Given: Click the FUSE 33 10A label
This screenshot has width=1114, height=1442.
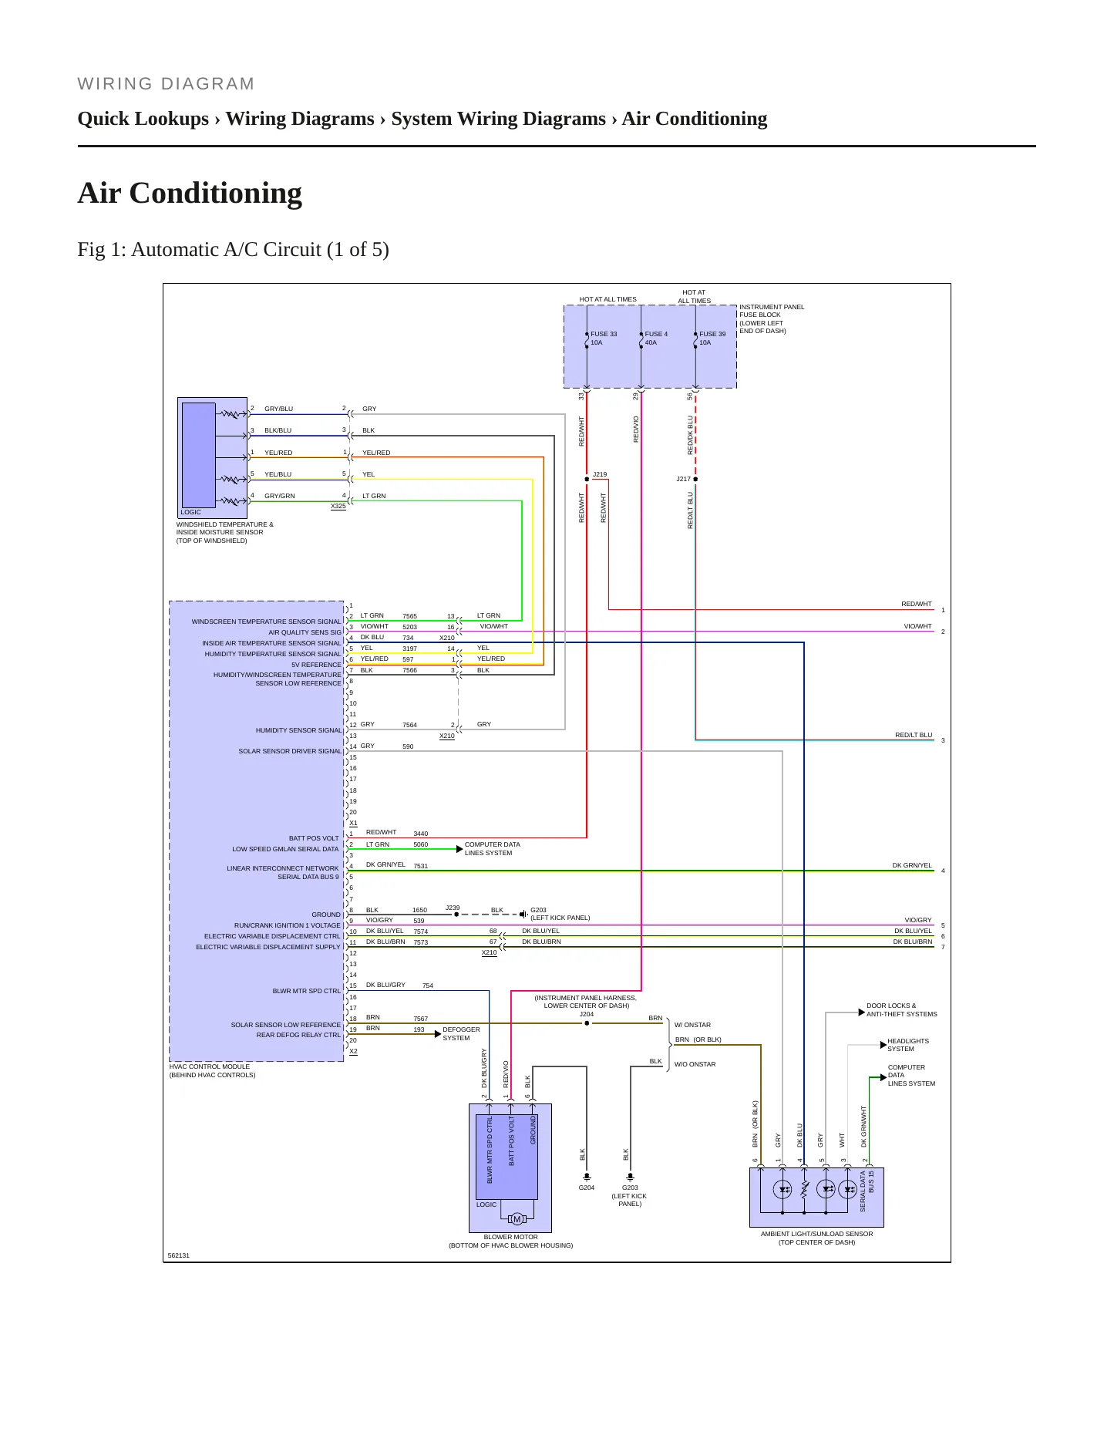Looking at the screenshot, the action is (x=604, y=339).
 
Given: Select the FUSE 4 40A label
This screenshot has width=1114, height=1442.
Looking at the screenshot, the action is (x=656, y=339).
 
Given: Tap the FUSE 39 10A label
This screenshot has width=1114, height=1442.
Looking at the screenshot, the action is (x=712, y=339).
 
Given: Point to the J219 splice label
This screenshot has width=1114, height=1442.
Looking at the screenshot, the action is (x=600, y=475).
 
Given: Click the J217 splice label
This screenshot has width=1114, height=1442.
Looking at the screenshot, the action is (x=684, y=479).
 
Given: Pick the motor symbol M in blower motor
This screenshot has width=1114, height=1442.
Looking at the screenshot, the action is (x=517, y=1219).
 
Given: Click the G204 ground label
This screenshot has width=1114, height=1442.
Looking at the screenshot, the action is (x=587, y=1188).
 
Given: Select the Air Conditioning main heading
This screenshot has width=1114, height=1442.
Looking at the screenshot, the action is (x=190, y=194).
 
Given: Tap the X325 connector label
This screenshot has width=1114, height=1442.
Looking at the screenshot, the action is (x=338, y=506).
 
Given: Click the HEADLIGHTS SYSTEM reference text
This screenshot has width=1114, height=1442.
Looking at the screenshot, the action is (x=908, y=1045).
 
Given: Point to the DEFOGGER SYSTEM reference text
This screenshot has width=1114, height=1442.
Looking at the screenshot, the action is (x=461, y=1033).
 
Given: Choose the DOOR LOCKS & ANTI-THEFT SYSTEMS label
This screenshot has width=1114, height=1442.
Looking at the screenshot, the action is (x=901, y=1009).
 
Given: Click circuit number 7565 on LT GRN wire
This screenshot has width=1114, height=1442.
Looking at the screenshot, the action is (x=409, y=616).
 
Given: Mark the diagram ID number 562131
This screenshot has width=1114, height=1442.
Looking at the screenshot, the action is (x=179, y=1255).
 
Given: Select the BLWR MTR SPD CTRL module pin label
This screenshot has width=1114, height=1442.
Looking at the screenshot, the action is (x=306, y=991).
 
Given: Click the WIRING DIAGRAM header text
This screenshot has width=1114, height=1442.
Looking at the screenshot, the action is (x=166, y=84).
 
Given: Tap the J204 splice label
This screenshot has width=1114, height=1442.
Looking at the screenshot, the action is (x=587, y=1014).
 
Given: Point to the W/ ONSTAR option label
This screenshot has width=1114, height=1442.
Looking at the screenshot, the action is (x=692, y=1025).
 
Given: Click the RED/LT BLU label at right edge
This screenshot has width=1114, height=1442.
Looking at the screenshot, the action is (x=914, y=735).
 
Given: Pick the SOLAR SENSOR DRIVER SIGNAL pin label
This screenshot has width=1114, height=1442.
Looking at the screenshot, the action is (x=290, y=751).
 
